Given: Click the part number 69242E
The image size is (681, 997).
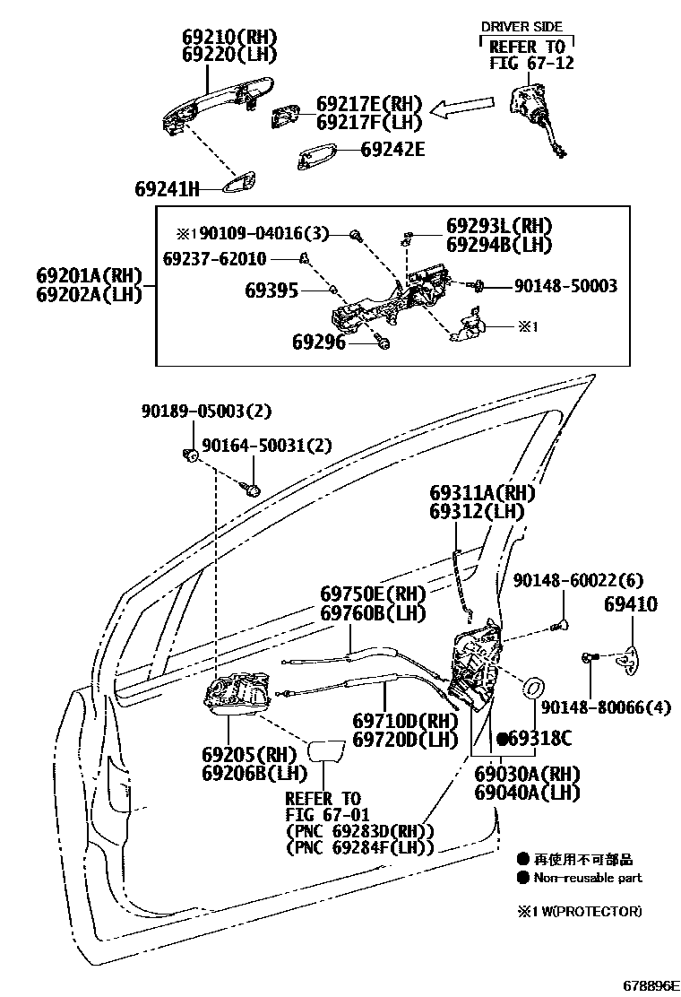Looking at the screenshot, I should pyautogui.click(x=392, y=150).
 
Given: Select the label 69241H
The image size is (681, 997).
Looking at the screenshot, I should pyautogui.click(x=167, y=188).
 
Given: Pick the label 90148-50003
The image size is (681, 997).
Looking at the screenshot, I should pyautogui.click(x=565, y=286).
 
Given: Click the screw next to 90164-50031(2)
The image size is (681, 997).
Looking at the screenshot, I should pyautogui.click(x=253, y=489).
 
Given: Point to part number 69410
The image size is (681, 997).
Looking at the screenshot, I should pyautogui.click(x=629, y=604).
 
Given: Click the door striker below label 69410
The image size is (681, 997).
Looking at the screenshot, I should pyautogui.click(x=630, y=662).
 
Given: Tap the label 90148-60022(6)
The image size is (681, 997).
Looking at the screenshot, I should pyautogui.click(x=578, y=581).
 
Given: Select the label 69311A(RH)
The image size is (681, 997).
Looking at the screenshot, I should pyautogui.click(x=481, y=493).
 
